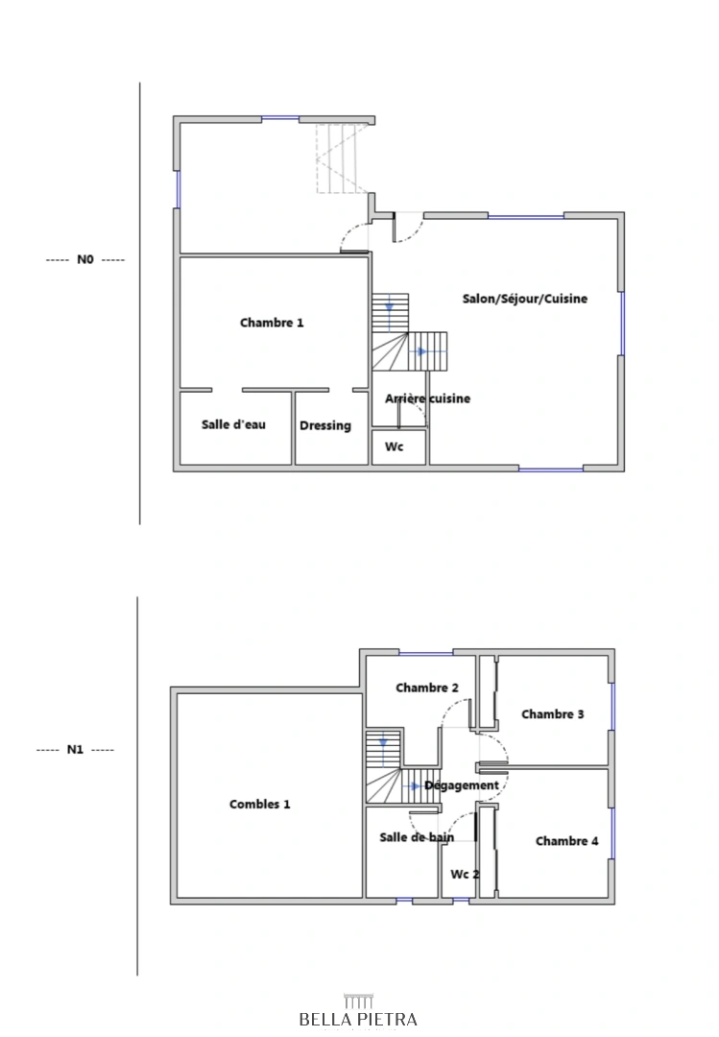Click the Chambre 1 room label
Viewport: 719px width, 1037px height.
coord(272,323)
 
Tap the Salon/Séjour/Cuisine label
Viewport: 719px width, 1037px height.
coord(524,299)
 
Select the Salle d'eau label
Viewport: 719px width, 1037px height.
coord(233,424)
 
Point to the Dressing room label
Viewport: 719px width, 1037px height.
coord(325,426)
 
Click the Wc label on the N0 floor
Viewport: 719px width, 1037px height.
coord(395,447)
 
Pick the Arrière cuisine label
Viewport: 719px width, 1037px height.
coord(427,398)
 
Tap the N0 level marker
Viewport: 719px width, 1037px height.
coord(85,259)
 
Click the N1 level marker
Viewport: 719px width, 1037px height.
coord(75,750)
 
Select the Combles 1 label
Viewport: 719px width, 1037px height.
coord(260,805)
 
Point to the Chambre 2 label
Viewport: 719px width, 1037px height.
coord(426,687)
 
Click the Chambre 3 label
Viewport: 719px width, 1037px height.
coord(552,714)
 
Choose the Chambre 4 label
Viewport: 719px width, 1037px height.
coord(567,841)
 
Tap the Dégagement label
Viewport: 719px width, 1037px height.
coord(462,785)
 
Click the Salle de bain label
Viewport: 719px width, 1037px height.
coord(417,837)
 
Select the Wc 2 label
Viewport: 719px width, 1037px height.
coord(465,875)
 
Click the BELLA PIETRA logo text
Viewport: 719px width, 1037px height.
coord(358,1019)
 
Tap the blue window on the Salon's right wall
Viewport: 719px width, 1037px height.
coord(622,324)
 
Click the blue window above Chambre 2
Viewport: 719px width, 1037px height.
coord(426,654)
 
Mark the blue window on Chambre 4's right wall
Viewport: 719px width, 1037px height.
coord(612,833)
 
